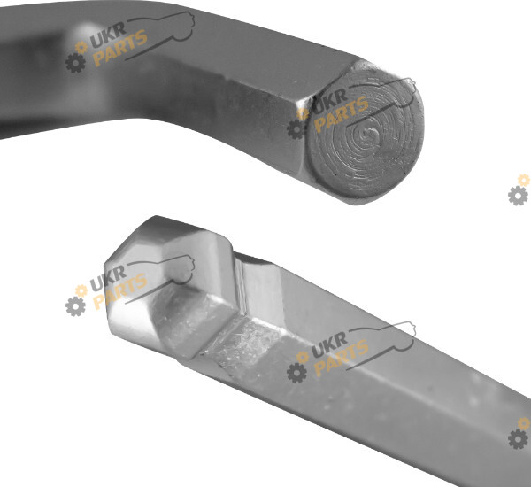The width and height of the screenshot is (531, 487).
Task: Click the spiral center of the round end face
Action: coord(369,132)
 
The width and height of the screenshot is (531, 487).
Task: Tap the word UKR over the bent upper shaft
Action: coord(108,35)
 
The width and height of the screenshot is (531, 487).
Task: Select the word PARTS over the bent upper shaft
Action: coord(119,48)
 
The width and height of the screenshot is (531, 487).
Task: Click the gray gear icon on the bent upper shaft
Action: coord(75,63)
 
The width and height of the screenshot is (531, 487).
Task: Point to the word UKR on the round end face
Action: coord(329,101)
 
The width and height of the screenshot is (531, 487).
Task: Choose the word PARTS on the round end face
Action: coord(341,114)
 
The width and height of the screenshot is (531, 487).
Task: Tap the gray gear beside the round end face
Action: coord(296,128)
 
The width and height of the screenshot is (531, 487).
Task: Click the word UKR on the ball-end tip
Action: coord(108,279)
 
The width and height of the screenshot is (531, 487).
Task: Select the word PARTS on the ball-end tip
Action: coord(119,291)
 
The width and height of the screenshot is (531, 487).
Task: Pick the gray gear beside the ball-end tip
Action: coord(75,306)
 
